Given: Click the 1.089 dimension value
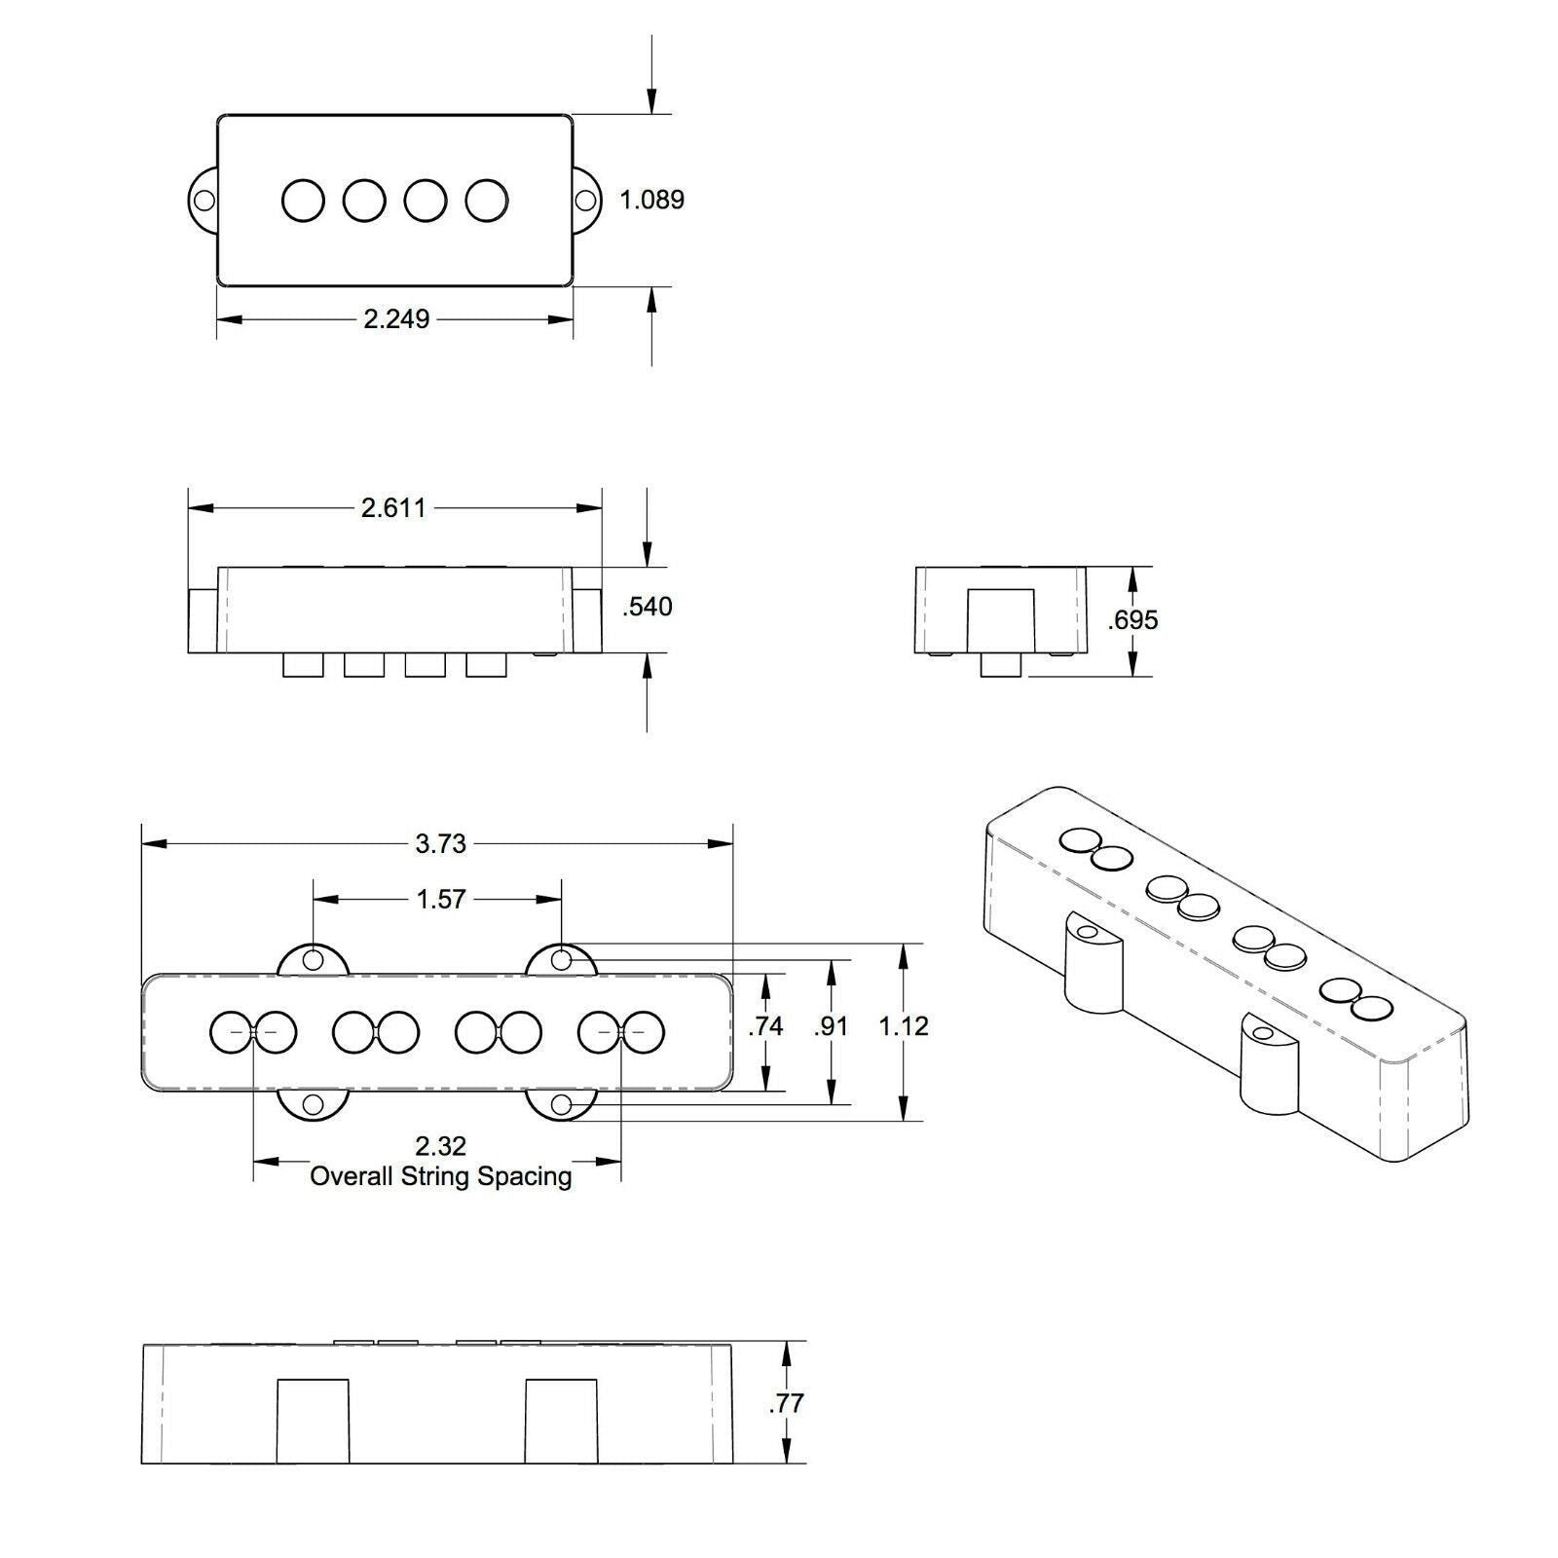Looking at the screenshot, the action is (x=652, y=200).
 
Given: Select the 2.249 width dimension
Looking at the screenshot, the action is (x=396, y=318).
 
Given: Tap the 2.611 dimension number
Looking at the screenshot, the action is (x=393, y=507).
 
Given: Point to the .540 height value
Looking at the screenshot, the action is (x=648, y=607).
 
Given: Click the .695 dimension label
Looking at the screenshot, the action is (x=1132, y=620).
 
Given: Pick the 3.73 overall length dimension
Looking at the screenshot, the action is (x=440, y=843).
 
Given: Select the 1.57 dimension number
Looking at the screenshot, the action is (x=440, y=899).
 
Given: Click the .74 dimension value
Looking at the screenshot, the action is (x=765, y=1026).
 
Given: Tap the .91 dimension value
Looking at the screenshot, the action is (x=831, y=1026).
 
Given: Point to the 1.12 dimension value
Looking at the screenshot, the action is (x=904, y=1026).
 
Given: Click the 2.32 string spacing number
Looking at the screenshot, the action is (x=440, y=1146).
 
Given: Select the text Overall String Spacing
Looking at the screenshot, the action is (x=440, y=1176).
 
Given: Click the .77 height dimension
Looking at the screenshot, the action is (x=787, y=1403).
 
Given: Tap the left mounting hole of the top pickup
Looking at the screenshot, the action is (x=204, y=201).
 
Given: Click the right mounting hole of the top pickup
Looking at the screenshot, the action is (x=585, y=201).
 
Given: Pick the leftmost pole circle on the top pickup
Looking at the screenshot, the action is (x=303, y=201).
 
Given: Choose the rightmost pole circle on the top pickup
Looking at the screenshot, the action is (x=486, y=201).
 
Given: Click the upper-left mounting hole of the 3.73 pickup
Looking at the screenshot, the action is (x=314, y=960).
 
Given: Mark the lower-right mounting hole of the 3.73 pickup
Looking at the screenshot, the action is (x=561, y=1104).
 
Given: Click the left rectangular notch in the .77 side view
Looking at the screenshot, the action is (x=314, y=1421).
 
